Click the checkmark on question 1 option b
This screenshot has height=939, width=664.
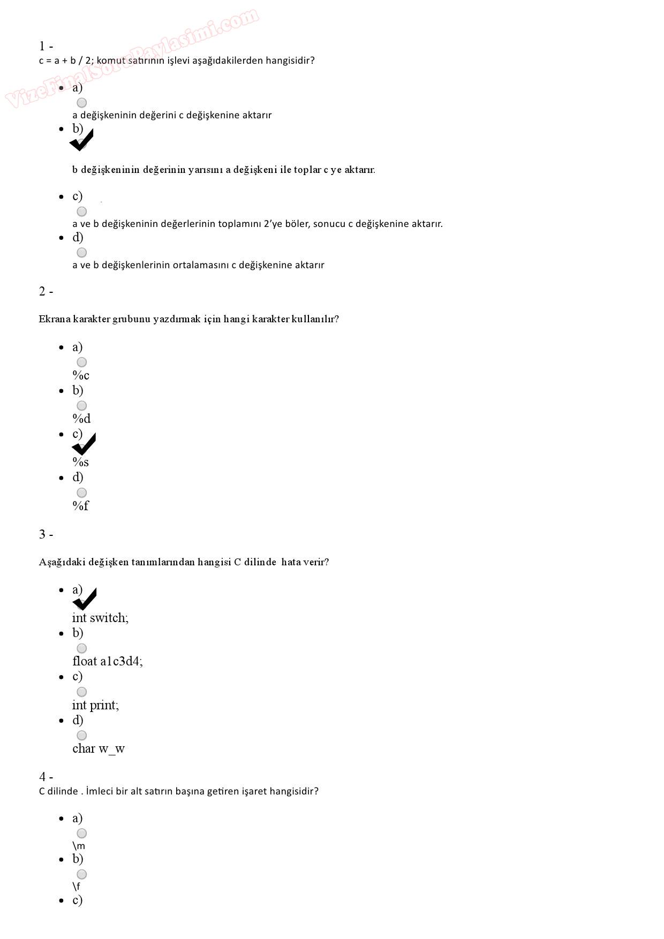point(81,140)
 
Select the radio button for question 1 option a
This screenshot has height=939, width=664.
point(81,102)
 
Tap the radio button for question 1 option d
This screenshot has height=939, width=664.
point(81,252)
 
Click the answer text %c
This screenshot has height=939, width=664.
point(81,375)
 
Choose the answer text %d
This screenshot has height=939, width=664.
point(81,419)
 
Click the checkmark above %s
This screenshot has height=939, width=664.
point(84,445)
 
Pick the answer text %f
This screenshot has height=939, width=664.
point(80,505)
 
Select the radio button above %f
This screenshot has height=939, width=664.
point(81,493)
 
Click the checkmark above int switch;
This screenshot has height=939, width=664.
point(84,600)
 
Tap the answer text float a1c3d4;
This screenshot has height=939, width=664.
point(108,661)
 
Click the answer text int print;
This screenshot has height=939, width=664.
point(95,705)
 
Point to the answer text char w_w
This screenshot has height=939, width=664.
point(99,748)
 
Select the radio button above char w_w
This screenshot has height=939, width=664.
point(81,735)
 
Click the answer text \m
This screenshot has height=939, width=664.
point(79,846)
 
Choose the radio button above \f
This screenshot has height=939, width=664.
point(81,874)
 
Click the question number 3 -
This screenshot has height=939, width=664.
point(46,534)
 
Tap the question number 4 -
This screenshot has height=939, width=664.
point(46,777)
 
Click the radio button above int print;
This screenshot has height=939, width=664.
point(81,692)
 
